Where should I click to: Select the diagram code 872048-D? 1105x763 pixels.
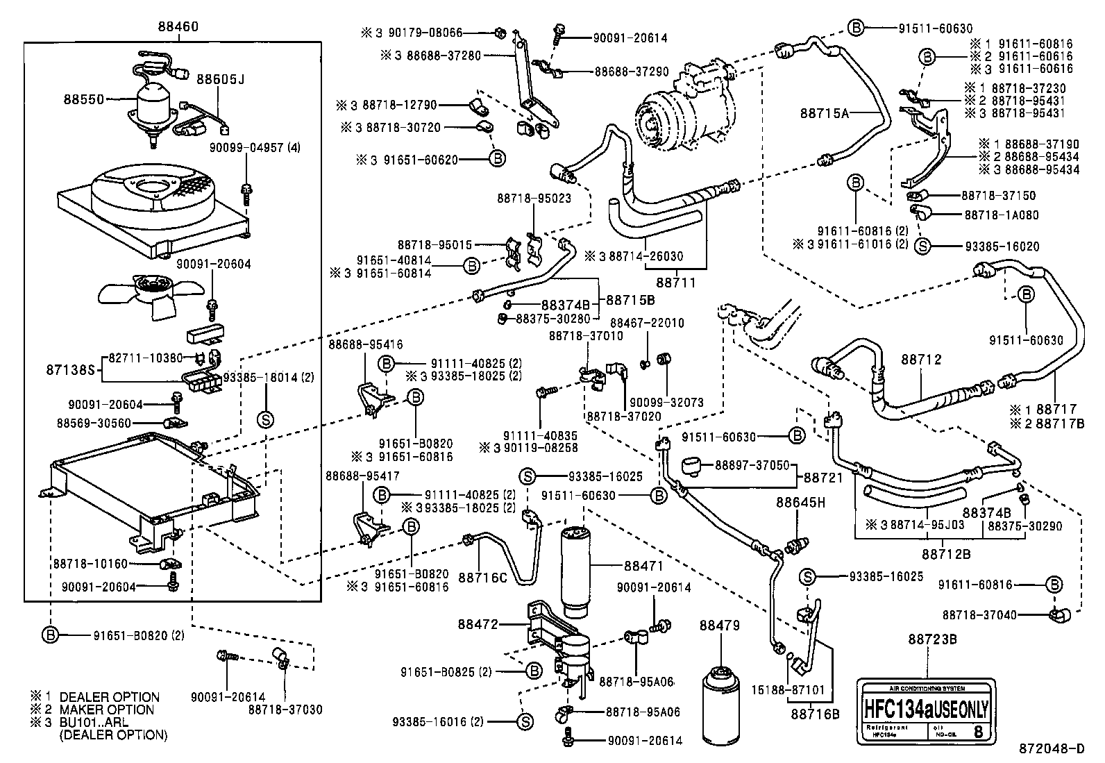[x=1051, y=748]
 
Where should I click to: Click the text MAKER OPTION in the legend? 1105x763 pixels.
[x=107, y=710]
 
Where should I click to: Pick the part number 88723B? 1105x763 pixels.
[x=932, y=639]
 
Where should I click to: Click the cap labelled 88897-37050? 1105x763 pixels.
[x=691, y=465]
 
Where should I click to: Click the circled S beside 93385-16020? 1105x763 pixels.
[x=922, y=246]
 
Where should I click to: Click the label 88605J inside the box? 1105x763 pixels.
[x=220, y=79]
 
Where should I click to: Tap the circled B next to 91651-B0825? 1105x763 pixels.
[x=533, y=671]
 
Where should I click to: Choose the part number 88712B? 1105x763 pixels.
[x=945, y=553]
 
